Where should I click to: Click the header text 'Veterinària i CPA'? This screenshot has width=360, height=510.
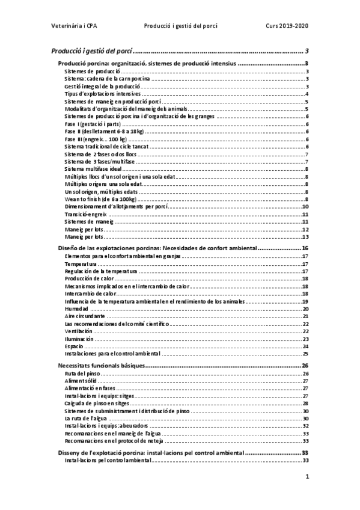(76, 27)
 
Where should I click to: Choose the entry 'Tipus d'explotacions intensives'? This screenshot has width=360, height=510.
(103, 94)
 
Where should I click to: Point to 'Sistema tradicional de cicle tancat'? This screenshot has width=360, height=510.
(106, 147)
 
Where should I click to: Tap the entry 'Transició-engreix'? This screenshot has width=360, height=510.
(85, 215)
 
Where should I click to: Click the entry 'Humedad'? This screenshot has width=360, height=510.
(77, 309)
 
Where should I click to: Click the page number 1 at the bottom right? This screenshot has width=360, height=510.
(307, 477)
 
